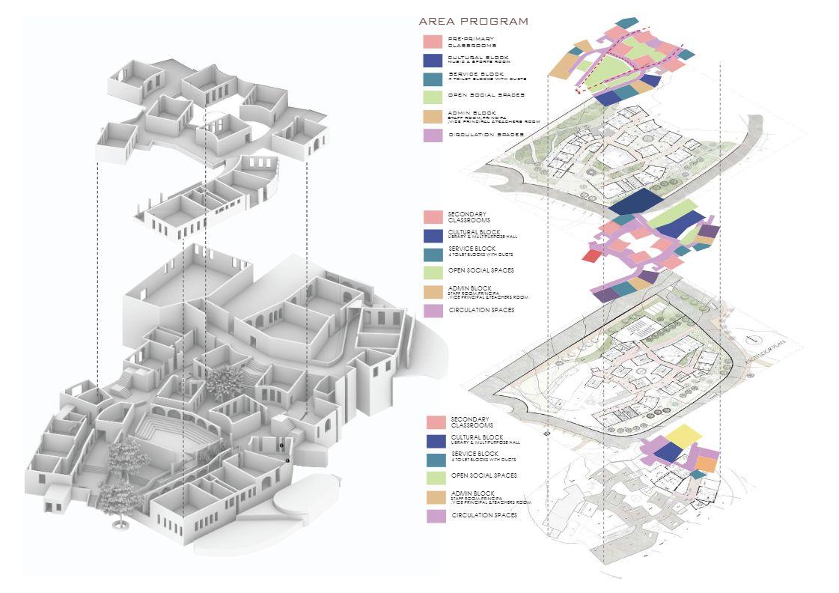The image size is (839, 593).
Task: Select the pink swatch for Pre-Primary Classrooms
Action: (x=432, y=42)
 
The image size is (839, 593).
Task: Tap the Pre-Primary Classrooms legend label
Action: (x=472, y=42)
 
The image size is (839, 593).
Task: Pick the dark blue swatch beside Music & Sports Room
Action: (x=432, y=61)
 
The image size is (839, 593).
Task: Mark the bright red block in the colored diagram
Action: (x=592, y=256)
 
